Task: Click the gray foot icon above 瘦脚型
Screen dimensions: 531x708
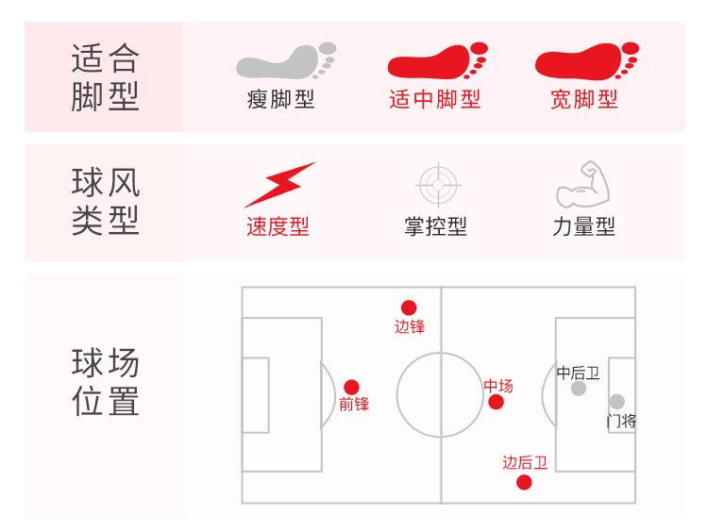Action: tap(285, 61)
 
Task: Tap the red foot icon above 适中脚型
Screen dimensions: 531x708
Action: tap(436, 61)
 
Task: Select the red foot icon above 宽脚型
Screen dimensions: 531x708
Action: tap(585, 61)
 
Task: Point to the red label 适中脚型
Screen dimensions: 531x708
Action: tap(434, 99)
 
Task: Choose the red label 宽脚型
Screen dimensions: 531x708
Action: tap(584, 99)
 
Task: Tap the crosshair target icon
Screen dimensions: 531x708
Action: tap(437, 185)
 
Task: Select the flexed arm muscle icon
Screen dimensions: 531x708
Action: tap(582, 185)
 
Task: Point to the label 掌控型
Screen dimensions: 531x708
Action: tap(435, 226)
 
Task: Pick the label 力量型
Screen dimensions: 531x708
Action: tap(583, 226)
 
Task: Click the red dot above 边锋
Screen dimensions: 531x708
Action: tap(409, 307)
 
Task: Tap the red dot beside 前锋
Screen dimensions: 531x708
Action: tap(351, 387)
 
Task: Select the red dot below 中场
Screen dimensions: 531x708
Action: tap(497, 403)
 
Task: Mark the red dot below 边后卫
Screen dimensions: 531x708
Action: tap(524, 483)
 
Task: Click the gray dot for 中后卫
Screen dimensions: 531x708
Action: tap(579, 388)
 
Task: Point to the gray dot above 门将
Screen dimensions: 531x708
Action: tap(616, 402)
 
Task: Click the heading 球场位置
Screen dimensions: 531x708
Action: tap(105, 382)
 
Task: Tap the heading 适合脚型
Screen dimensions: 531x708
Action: tap(105, 77)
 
